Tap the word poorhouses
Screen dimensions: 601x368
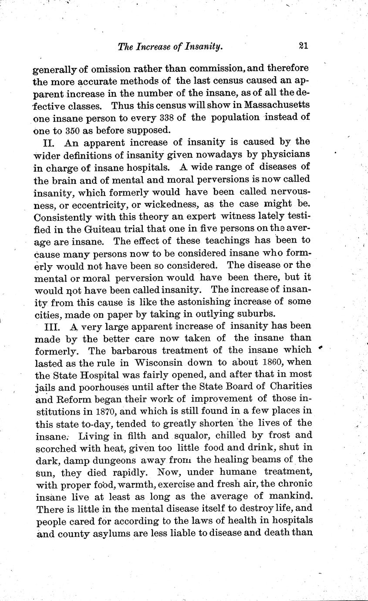[x=101, y=386]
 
